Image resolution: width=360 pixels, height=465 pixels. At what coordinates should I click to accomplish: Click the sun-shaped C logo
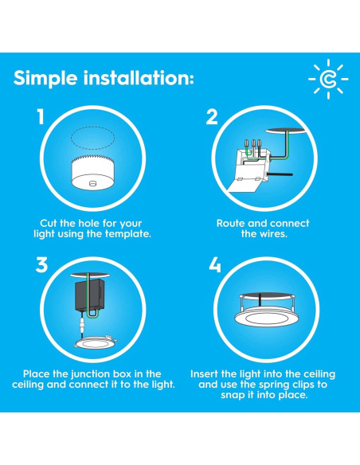[328, 79]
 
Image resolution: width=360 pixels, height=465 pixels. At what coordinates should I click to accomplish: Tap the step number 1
[41, 116]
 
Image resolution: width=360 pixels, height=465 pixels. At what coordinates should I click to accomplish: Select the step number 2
[212, 117]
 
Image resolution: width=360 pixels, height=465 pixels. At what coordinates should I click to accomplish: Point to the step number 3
[41, 265]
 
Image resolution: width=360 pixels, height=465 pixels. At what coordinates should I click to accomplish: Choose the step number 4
[215, 265]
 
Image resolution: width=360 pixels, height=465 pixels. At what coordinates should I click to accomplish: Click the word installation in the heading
[139, 78]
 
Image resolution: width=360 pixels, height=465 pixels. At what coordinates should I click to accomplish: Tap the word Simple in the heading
[45, 79]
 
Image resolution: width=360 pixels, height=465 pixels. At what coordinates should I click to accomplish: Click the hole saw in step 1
[93, 173]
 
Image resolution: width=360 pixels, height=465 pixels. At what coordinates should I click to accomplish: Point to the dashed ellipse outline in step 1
[93, 137]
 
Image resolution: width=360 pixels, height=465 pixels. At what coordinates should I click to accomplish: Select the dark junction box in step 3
[89, 295]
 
